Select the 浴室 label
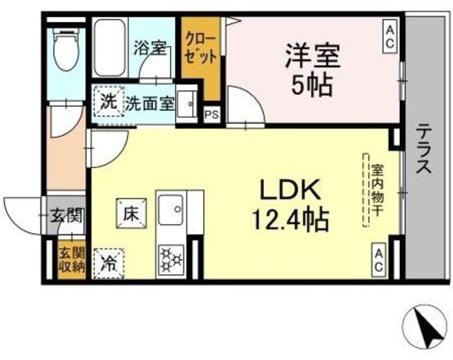(x=150, y=49)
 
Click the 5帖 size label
(x=313, y=86)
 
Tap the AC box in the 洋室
(x=390, y=35)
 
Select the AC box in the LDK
(x=379, y=260)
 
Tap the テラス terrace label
(x=424, y=151)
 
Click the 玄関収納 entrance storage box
(x=71, y=260)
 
